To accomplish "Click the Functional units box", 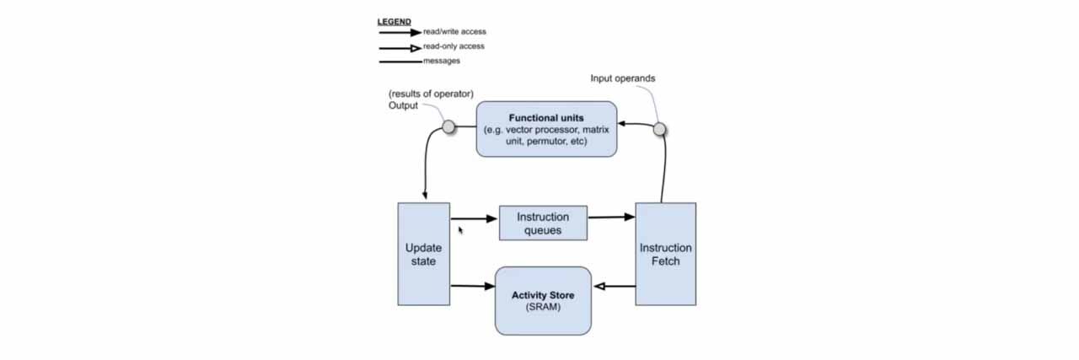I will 546,129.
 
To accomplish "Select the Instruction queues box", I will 543,223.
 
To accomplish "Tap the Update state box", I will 423,254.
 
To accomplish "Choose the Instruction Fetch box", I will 665,254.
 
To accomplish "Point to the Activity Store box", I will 543,301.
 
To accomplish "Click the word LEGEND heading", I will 395,21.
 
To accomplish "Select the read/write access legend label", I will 454,32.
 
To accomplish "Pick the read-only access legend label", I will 454,46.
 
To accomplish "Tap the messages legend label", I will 442,61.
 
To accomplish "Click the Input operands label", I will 623,78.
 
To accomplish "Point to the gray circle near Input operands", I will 660,129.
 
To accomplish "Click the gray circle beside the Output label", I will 448,127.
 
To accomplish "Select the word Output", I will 403,105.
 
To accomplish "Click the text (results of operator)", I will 431,93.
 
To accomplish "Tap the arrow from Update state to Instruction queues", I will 474,218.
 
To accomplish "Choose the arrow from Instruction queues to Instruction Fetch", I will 611,218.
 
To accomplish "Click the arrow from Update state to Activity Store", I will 472,287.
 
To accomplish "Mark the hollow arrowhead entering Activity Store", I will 599,287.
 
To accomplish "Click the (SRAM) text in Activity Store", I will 543,307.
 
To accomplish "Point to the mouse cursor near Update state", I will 460,229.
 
